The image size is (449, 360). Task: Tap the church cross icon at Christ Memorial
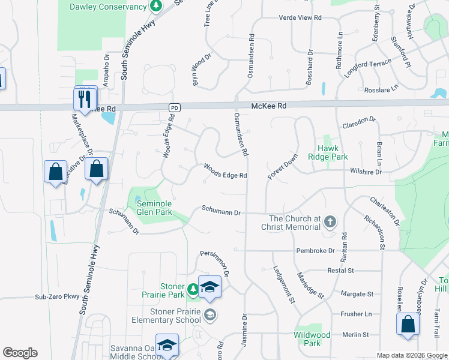point(330,223)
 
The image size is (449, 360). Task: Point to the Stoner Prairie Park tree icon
point(193,290)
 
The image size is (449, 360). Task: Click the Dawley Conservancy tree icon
point(156,7)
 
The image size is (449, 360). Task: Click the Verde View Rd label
point(300,18)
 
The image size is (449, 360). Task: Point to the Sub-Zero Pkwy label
point(57,296)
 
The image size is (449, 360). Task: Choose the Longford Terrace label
point(364,63)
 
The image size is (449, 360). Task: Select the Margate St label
point(357,294)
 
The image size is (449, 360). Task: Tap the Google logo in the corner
point(20,353)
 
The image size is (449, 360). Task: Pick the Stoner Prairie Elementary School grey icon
point(210,314)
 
